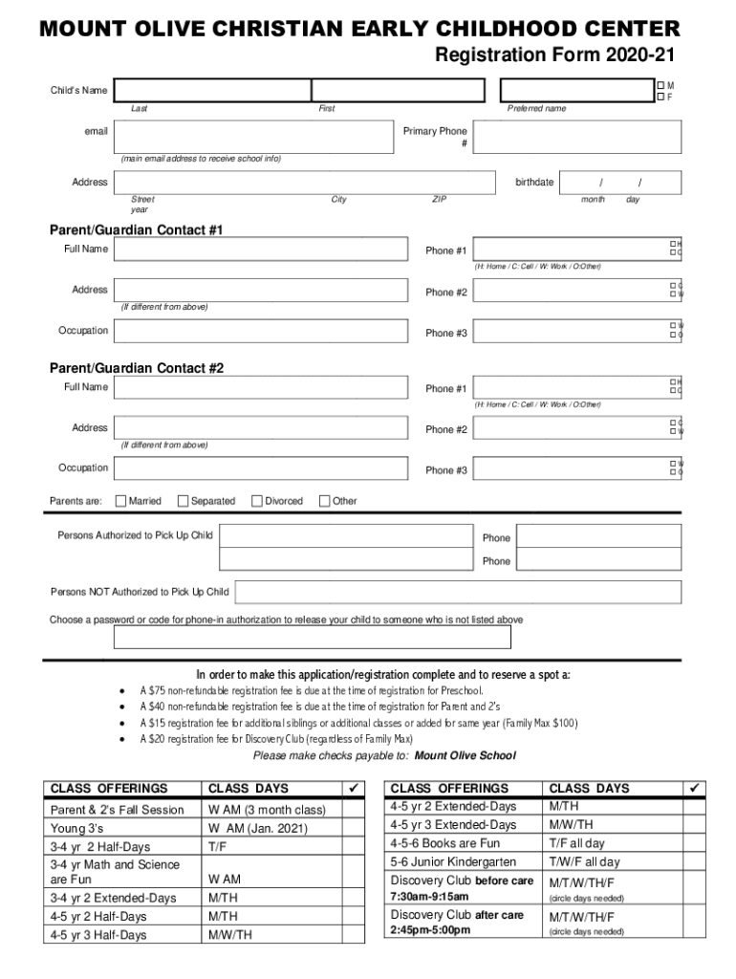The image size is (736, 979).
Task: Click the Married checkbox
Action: (120, 501)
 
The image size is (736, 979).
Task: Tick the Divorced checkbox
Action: (257, 501)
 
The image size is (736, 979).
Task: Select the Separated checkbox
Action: (184, 501)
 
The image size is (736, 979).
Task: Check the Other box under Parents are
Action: (324, 501)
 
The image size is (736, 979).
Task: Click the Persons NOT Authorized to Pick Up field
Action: (457, 592)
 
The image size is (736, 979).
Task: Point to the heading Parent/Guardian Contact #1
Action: (136, 230)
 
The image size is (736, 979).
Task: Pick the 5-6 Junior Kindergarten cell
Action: (453, 862)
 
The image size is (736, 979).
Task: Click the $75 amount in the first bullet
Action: (159, 690)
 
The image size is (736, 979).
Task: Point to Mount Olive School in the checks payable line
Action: (465, 755)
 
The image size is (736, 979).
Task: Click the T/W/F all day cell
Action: (583, 862)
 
